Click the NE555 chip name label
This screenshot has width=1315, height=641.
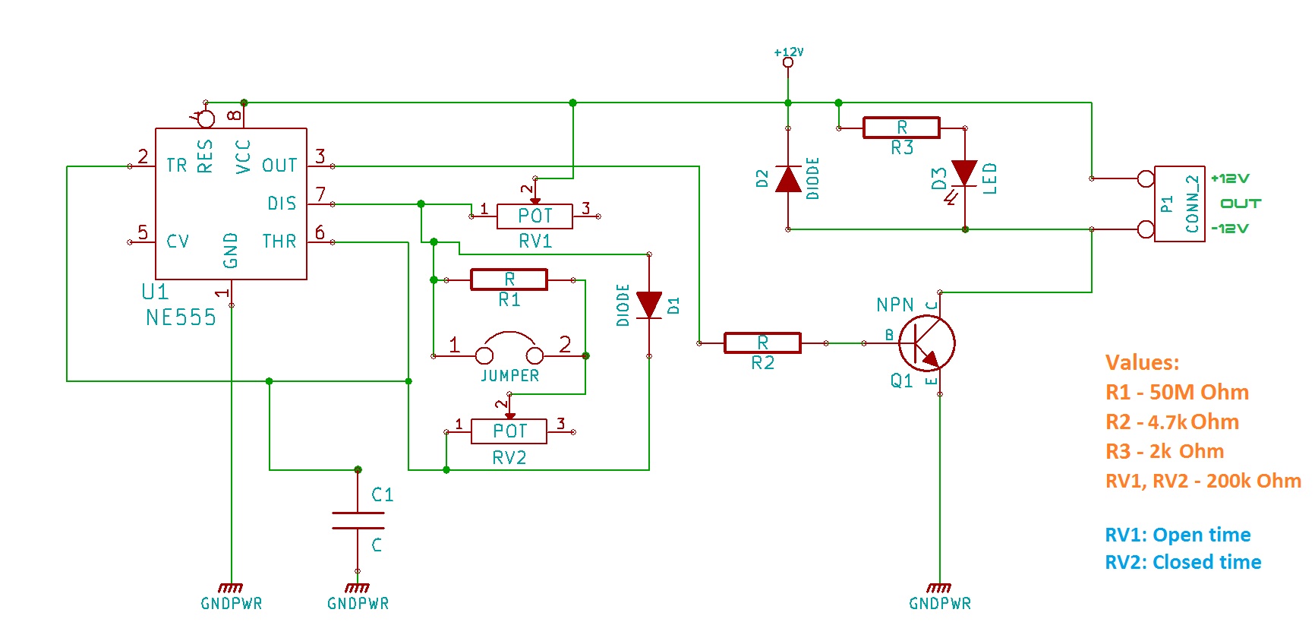pos(181,317)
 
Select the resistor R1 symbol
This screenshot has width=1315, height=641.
pos(509,279)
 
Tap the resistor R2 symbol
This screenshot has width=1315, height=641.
pos(762,343)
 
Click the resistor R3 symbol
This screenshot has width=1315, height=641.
pos(901,128)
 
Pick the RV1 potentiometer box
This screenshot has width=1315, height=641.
pos(535,216)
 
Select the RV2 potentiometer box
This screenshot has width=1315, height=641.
pos(509,431)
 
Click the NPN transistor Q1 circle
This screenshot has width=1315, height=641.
pos(926,343)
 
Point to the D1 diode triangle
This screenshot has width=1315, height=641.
pos(649,305)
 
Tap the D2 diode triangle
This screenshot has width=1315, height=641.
pos(788,179)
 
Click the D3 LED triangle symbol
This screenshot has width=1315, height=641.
pos(964,173)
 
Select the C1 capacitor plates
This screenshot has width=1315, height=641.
pos(358,520)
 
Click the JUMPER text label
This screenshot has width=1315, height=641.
pos(509,376)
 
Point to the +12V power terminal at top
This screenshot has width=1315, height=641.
pos(788,62)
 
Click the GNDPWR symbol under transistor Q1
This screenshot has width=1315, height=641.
pos(939,589)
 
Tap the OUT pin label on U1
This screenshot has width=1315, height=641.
pos(279,166)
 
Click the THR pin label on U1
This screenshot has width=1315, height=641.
pos(279,242)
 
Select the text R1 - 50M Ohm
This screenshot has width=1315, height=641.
pos(1176,393)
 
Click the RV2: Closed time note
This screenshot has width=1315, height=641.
pos(1182,562)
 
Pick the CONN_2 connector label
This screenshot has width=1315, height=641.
pos(1192,204)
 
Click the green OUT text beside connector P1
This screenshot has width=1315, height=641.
pos(1240,204)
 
